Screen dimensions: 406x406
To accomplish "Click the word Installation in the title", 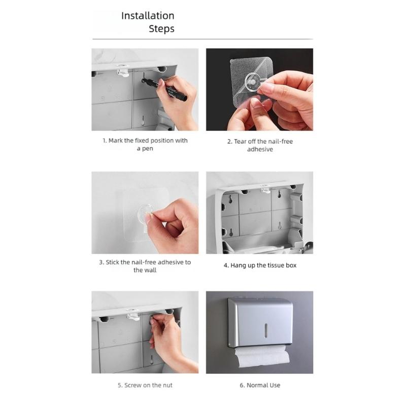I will pyautogui.click(x=148, y=16).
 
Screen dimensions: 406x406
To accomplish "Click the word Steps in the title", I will pyautogui.click(x=161, y=29).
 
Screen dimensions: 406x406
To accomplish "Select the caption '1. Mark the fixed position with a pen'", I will pyautogui.click(x=145, y=145).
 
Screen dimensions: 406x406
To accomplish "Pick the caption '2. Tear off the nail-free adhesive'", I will pyautogui.click(x=260, y=145).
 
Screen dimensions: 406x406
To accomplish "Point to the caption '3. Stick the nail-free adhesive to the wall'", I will pyautogui.click(x=145, y=266).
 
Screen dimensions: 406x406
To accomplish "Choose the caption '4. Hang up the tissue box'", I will pyautogui.click(x=260, y=265).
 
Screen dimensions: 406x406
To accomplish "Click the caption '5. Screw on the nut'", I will pyautogui.click(x=145, y=385).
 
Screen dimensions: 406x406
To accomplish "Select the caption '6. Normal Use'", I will pyautogui.click(x=260, y=385).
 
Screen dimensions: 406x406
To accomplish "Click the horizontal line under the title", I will pyautogui.click(x=202, y=39).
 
